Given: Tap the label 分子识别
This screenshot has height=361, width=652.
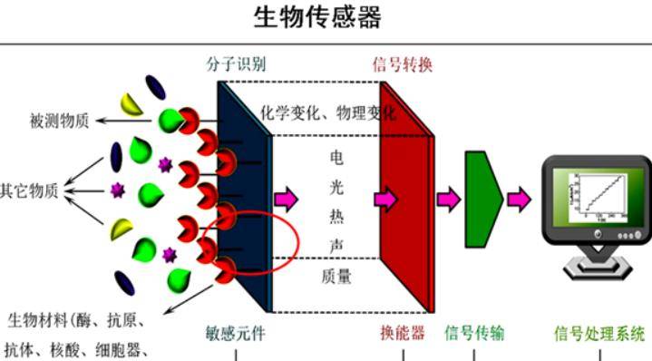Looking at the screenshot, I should coord(237,64).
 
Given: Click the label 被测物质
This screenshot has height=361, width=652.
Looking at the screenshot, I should coord(62,121).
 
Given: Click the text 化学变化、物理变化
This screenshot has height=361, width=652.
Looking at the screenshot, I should coord(328,113).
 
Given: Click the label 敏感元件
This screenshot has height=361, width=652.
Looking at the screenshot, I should coord(237,333).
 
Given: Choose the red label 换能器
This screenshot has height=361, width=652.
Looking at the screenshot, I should coord(403,333).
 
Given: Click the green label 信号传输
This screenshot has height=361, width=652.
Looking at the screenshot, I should coord(474,333).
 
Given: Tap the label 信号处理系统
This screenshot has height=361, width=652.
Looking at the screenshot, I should coord(598,333).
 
